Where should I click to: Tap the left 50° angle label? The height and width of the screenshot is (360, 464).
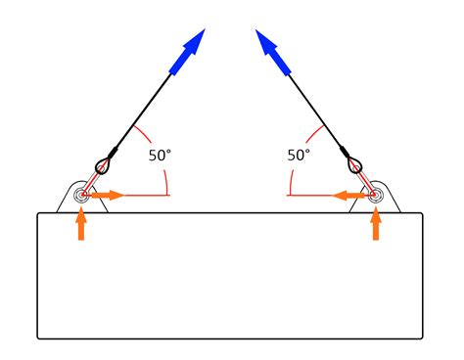point(161,155)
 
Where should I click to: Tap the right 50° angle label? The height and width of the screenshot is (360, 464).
point(300,155)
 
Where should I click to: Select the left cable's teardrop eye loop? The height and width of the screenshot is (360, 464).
point(104,162)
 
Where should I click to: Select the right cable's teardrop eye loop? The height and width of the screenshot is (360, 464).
point(357,162)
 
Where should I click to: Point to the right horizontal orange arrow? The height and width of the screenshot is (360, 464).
point(349,196)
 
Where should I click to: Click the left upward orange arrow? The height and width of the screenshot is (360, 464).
point(81,225)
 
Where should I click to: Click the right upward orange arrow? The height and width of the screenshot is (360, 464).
point(375,225)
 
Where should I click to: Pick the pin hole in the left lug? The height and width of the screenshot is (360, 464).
point(80,196)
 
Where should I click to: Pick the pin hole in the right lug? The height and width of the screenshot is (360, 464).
point(375,196)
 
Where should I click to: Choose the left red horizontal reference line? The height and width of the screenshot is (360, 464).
point(147,196)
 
